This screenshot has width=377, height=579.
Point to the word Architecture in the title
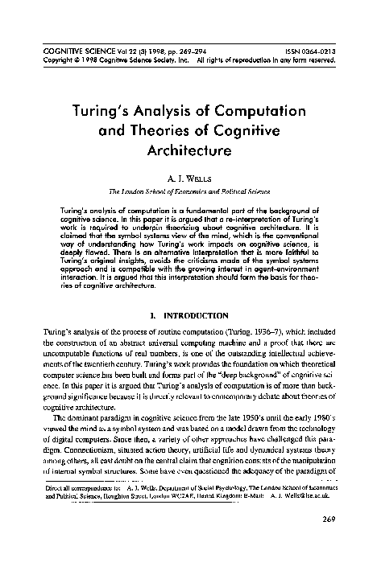tap(188, 149)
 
